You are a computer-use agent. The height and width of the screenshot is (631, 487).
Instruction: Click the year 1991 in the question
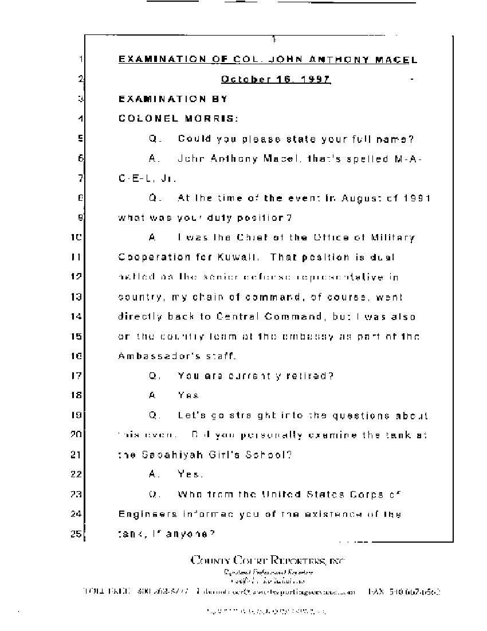click(x=413, y=198)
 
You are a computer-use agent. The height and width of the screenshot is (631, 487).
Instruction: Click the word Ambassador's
click(x=155, y=356)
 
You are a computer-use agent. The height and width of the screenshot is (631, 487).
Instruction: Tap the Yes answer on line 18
click(x=188, y=396)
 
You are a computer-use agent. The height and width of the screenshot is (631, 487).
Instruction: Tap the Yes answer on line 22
click(x=190, y=474)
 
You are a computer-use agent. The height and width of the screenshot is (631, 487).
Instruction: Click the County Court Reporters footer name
click(x=268, y=560)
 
